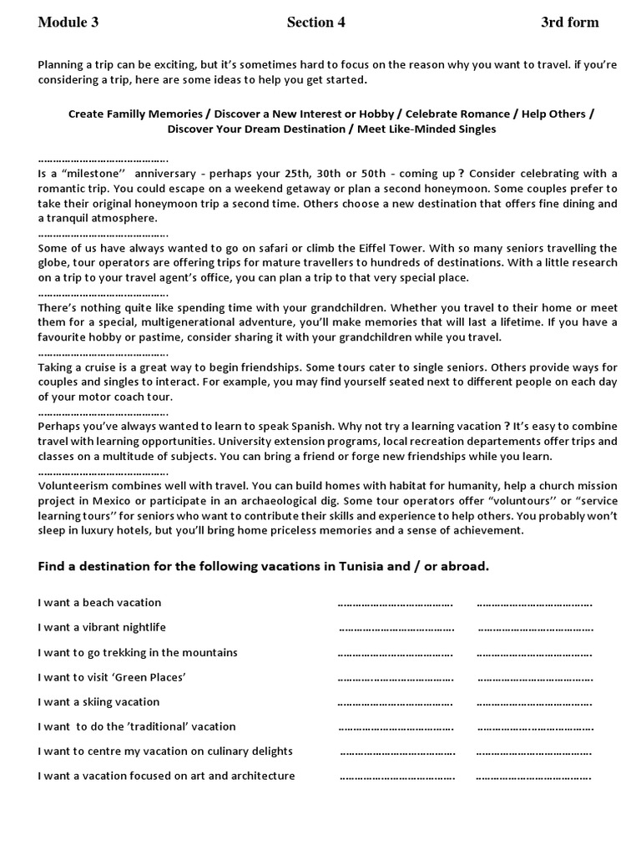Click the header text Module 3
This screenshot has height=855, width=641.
coord(68,23)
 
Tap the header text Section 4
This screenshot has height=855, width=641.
coord(315,23)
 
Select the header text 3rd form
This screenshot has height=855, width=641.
coord(569,23)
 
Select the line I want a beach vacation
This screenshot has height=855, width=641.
coord(99,603)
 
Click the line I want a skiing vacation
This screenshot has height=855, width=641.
coord(98,702)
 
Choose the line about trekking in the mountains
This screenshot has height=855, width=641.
coord(138,652)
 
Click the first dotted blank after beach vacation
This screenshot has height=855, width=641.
coord(395,604)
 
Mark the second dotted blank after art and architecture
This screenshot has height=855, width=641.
coord(533,777)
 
